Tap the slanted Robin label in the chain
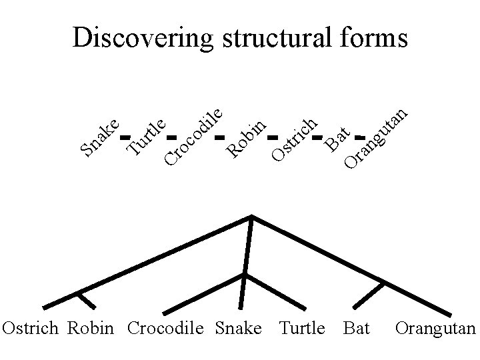pyautogui.click(x=246, y=137)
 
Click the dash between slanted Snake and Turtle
pyautogui.click(x=123, y=138)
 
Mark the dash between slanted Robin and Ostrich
pyautogui.click(x=271, y=139)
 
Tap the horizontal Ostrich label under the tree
pyautogui.click(x=31, y=329)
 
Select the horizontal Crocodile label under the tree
pyautogui.click(x=165, y=329)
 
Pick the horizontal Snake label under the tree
pyautogui.click(x=238, y=329)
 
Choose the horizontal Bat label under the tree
pyautogui.click(x=357, y=329)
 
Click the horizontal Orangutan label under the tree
pyautogui.click(x=435, y=329)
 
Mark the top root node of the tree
pyautogui.click(x=251, y=216)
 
